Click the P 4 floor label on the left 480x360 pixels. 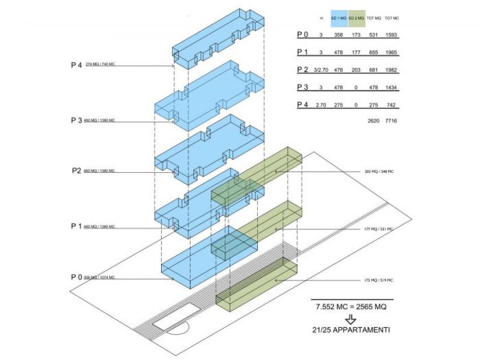pos(76,65)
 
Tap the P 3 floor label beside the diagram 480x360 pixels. pos(76,120)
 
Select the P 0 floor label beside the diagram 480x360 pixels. pos(76,276)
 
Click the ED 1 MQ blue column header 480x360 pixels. pos(337,18)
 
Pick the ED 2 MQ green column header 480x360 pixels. pos(357,18)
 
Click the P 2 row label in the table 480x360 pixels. pos(302,69)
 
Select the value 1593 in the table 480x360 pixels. pos(392,34)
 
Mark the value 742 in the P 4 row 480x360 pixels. pos(392,105)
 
